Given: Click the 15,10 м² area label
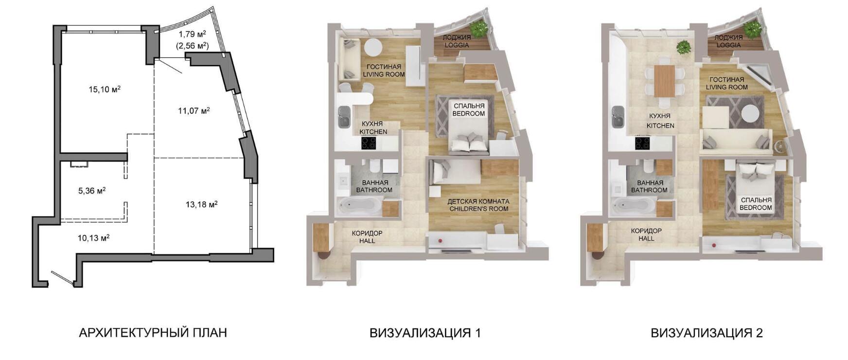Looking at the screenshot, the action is pos(105,89).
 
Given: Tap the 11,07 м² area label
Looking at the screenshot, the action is pos(194,110).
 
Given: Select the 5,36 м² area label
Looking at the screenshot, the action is pos(92,191).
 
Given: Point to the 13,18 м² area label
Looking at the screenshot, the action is pos(201,204).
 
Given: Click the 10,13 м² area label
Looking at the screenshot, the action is pos(93,238).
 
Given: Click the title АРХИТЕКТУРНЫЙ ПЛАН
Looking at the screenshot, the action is pos(153,333).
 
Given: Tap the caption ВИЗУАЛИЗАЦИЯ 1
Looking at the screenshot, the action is pos(425,333).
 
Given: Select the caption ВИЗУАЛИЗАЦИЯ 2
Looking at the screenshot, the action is pos(707,333).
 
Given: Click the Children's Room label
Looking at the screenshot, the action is pos(478,205).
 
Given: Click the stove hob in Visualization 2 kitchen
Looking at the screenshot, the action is pos(643,144).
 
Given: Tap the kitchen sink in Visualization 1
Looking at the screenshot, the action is pos(344,117).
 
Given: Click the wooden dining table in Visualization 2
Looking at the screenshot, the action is pos(664,81).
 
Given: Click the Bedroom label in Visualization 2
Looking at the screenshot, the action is pos(756,204).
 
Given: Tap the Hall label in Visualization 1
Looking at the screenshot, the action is pos(367,237).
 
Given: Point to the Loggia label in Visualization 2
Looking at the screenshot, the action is pos(728,41).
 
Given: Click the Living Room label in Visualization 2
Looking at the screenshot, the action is pos(727,83).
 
